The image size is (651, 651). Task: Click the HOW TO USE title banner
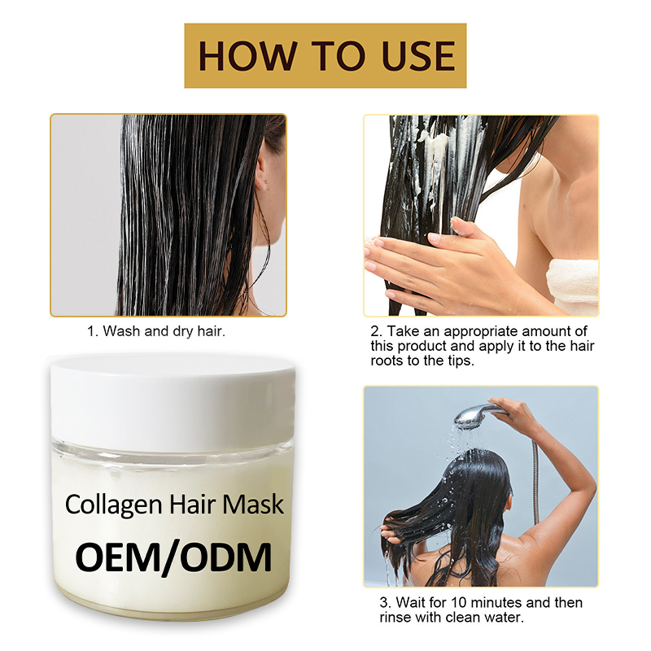[325, 55]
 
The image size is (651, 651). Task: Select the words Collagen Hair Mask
[174, 504]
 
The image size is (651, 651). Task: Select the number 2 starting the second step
[375, 332]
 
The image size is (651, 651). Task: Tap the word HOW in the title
[237, 55]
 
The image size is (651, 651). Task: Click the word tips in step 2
[462, 361]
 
